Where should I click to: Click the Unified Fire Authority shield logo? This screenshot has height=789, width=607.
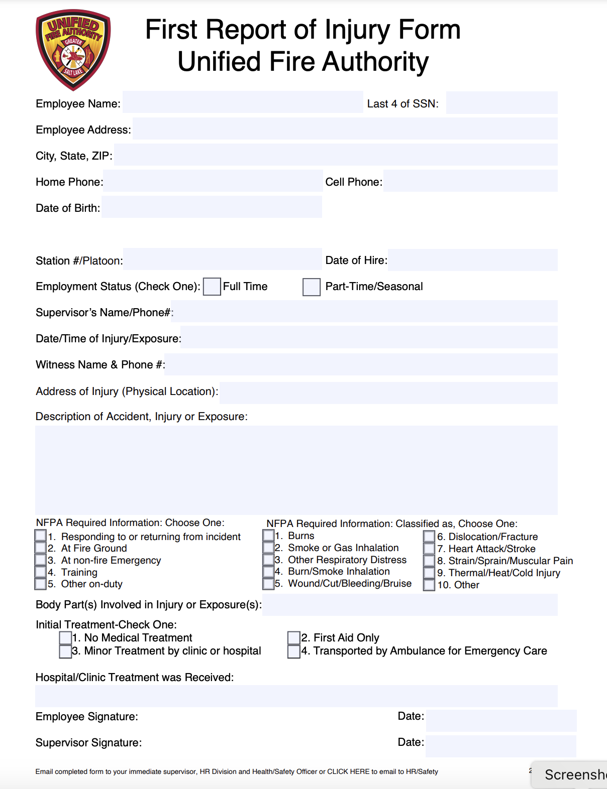click(73, 50)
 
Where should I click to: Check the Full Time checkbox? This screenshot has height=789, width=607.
click(212, 287)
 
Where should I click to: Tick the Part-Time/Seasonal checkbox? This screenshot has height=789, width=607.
click(312, 287)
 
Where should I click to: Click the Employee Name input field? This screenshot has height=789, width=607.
click(243, 102)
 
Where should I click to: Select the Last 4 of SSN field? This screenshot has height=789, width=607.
click(501, 103)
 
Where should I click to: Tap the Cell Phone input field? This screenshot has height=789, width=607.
click(470, 181)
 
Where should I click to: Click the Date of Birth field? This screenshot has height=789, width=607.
click(212, 207)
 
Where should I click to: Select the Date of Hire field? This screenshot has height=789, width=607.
click(472, 260)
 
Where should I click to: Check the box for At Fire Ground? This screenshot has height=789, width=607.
click(41, 548)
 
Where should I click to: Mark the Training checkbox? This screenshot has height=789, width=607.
click(41, 572)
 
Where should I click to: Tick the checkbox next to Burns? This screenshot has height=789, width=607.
click(268, 536)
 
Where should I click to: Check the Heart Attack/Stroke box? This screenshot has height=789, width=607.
click(429, 549)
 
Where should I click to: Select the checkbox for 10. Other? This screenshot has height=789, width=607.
click(429, 585)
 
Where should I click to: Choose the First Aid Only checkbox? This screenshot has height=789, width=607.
click(294, 638)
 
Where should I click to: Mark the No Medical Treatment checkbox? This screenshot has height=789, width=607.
click(65, 638)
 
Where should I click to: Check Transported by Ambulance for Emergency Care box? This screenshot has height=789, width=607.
click(294, 651)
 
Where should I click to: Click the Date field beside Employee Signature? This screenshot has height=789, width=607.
click(501, 720)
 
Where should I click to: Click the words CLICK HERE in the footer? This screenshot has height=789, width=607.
click(348, 771)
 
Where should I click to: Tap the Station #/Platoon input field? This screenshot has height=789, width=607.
click(222, 259)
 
